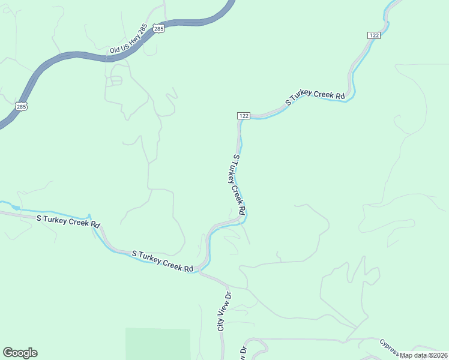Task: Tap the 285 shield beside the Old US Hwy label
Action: click(x=158, y=28)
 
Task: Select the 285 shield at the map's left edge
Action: click(x=21, y=106)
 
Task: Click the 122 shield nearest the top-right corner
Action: click(x=374, y=36)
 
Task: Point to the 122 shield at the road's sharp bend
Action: click(x=243, y=115)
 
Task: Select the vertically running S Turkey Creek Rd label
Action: click(x=239, y=184)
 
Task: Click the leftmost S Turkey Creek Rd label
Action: click(x=68, y=221)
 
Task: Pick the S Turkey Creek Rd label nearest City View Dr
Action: click(x=163, y=261)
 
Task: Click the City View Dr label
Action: click(x=224, y=311)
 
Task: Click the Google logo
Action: click(x=20, y=353)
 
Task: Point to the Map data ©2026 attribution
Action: click(x=424, y=355)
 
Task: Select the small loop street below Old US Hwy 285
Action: click(x=115, y=80)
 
